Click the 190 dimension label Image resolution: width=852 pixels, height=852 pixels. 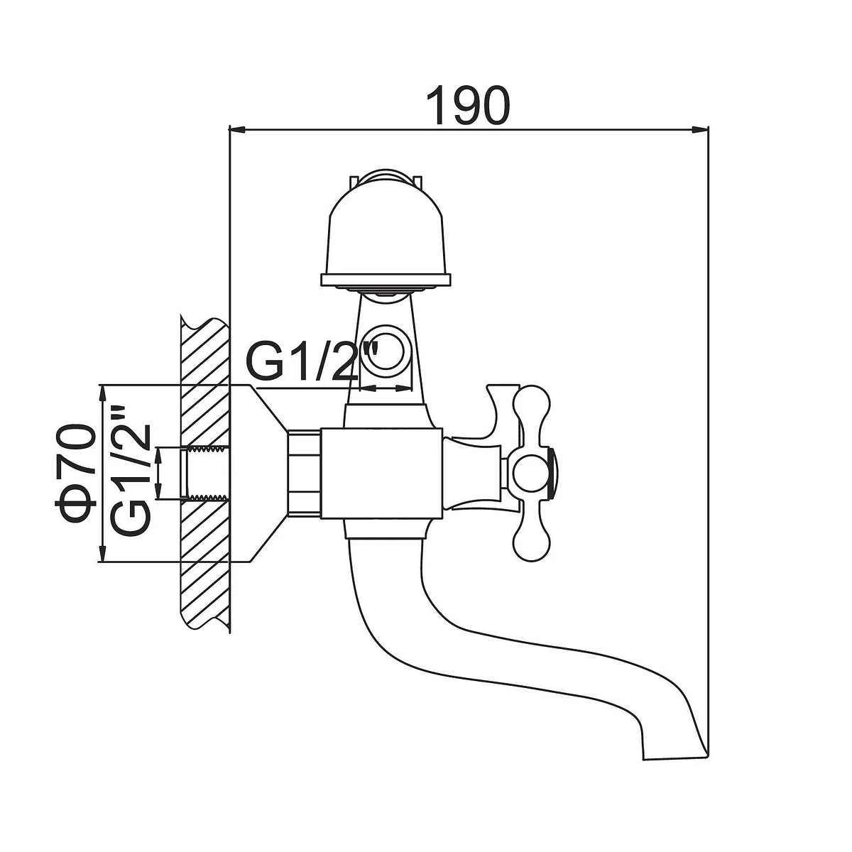(x=469, y=106)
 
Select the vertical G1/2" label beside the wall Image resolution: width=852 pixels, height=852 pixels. (x=131, y=472)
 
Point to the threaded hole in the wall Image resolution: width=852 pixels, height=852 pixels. (x=206, y=474)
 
